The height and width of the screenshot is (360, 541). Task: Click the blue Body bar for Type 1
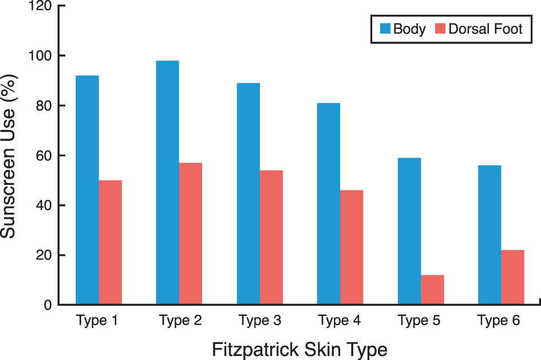[87, 190]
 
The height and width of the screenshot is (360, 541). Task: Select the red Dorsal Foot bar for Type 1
[110, 243]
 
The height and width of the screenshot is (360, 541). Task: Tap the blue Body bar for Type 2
[168, 183]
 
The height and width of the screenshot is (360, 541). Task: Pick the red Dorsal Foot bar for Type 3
[271, 238]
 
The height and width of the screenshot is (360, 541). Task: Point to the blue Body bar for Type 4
[329, 204]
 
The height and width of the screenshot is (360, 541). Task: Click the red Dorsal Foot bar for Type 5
[432, 290]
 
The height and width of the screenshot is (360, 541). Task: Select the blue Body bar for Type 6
[489, 235]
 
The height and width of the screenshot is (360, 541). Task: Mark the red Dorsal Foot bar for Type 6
[513, 277]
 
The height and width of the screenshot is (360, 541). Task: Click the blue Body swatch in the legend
[385, 29]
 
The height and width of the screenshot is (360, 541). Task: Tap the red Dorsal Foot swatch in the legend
[440, 29]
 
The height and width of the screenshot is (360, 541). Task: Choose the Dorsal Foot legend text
[485, 29]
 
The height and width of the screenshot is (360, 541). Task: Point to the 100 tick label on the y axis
[40, 56]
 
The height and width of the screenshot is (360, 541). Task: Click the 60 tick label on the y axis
[44, 156]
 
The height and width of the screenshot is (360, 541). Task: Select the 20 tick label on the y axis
[44, 255]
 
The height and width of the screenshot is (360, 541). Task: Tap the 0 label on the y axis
[48, 305]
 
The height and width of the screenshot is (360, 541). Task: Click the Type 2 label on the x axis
[180, 321]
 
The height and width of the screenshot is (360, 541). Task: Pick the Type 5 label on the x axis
[419, 321]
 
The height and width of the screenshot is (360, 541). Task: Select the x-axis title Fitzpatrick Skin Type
[299, 350]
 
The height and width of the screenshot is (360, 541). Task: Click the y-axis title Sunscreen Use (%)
[8, 156]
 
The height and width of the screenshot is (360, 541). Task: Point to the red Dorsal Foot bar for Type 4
[352, 247]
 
